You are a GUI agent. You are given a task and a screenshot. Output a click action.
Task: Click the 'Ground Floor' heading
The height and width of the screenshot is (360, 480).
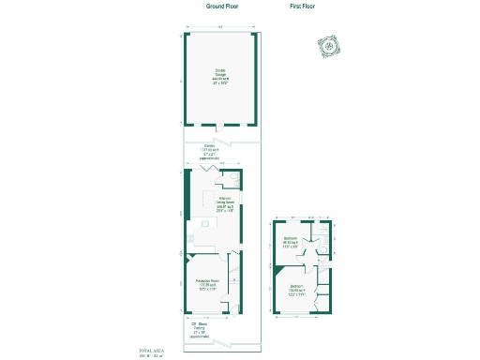(x=221, y=6)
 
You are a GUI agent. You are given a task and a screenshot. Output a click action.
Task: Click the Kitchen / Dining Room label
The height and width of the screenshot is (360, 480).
(x=225, y=203)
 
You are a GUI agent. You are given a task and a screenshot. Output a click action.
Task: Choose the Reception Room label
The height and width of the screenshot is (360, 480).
(x=207, y=284)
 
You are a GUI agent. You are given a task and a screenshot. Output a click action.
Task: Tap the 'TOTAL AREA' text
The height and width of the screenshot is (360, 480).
(x=151, y=351)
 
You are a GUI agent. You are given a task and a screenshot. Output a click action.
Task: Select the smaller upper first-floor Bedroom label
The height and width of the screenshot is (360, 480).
(x=292, y=242)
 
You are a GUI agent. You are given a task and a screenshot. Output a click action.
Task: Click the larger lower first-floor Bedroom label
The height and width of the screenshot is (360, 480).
(x=296, y=289)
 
